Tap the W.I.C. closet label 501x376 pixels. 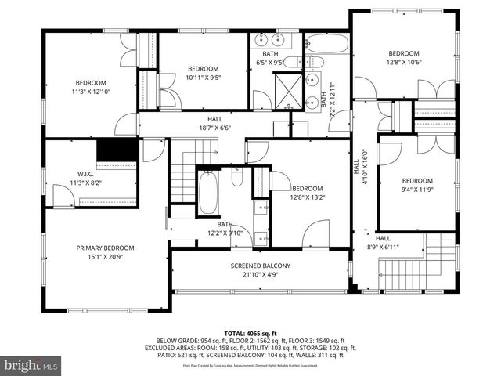86,174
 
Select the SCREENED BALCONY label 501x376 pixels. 261,266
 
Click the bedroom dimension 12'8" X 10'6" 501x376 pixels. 405,63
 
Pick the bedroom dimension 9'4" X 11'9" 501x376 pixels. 417,189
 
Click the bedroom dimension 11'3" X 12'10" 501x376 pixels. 91,92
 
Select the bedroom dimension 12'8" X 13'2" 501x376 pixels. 308,197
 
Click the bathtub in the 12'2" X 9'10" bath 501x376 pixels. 207,193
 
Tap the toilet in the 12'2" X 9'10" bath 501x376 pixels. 237,178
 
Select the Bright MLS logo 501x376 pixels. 31,365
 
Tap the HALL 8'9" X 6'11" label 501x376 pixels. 383,242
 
